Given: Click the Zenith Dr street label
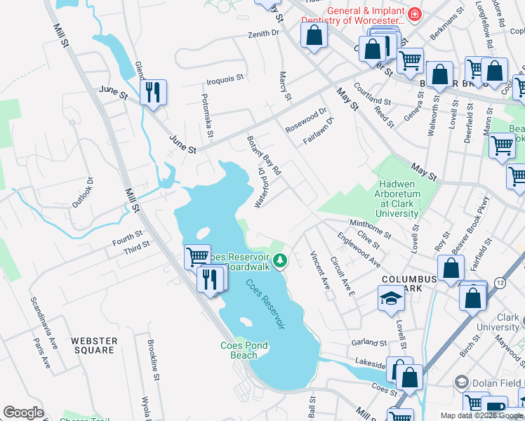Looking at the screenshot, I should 263,33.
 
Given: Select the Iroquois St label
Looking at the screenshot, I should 225,78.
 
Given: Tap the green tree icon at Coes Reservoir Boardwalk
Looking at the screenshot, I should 280,262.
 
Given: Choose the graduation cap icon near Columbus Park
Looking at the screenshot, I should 391,299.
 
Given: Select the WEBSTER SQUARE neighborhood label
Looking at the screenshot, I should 93,345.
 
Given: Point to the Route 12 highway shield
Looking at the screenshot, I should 499,281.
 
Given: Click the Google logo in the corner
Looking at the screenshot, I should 23,413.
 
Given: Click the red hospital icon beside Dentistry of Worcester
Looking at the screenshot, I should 415,13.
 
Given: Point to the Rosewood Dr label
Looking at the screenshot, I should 306,120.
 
